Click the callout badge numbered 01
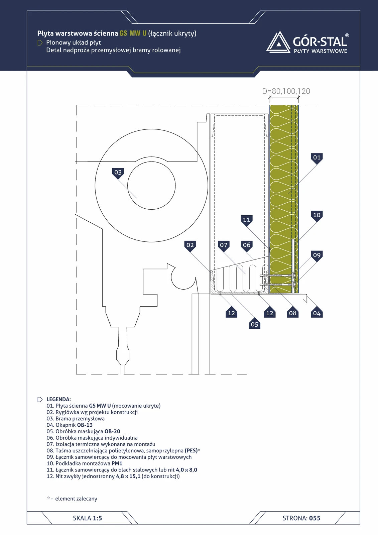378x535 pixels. pyautogui.click(x=317, y=158)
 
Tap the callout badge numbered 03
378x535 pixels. pyautogui.click(x=118, y=173)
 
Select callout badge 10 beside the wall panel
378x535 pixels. pyautogui.click(x=317, y=216)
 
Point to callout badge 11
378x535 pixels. pyautogui.click(x=246, y=220)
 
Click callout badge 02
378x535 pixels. pyautogui.click(x=190, y=246)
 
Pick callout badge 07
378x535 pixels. pyautogui.click(x=224, y=246)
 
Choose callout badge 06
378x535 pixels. pyautogui.click(x=246, y=246)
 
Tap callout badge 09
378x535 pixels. pyautogui.click(x=317, y=256)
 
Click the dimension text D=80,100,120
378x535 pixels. pyautogui.click(x=286, y=91)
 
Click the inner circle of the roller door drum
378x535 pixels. pyautogui.click(x=151, y=186)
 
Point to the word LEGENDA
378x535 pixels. pyautogui.click(x=58, y=399)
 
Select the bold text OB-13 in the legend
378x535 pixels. pyautogui.click(x=85, y=425)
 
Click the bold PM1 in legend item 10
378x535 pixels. pyautogui.click(x=117, y=463)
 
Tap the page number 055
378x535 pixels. pyautogui.click(x=315, y=518)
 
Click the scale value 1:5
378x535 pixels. pyautogui.click(x=98, y=518)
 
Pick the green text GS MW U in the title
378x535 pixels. pyautogui.click(x=133, y=33)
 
